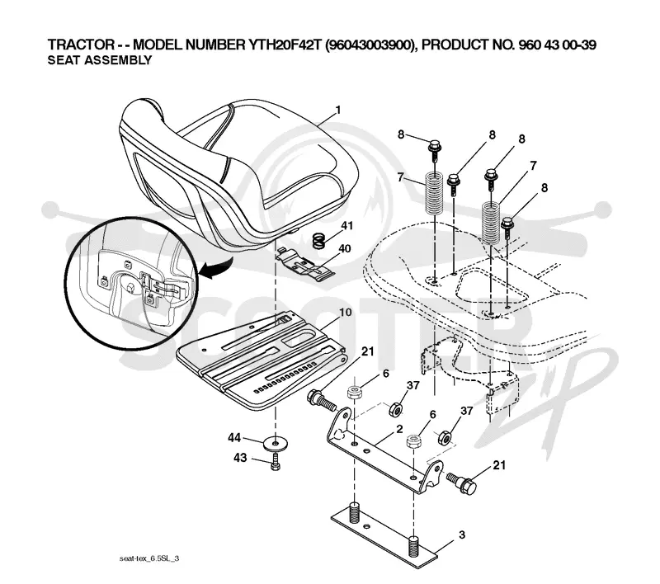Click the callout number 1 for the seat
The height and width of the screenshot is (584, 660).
point(337,111)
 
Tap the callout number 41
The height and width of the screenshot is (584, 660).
point(346,226)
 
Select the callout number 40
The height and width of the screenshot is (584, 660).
point(344,248)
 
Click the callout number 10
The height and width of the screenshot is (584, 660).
point(345,313)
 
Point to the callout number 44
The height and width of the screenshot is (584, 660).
point(234,437)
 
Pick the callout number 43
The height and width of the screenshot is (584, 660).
point(240,457)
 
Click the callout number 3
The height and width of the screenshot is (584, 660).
point(462,535)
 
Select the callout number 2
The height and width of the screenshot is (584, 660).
point(399,429)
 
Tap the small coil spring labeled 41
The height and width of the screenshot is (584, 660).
point(320,241)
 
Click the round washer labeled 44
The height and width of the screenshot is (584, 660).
point(276,444)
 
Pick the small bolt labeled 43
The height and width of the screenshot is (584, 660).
point(276,463)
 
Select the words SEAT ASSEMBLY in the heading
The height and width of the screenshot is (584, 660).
point(99,60)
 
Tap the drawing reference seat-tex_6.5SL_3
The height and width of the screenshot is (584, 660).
point(149,558)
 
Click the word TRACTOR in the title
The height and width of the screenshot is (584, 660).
point(81,45)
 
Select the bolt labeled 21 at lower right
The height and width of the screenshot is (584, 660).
point(462,483)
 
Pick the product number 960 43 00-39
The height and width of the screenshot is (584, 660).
point(557,45)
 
